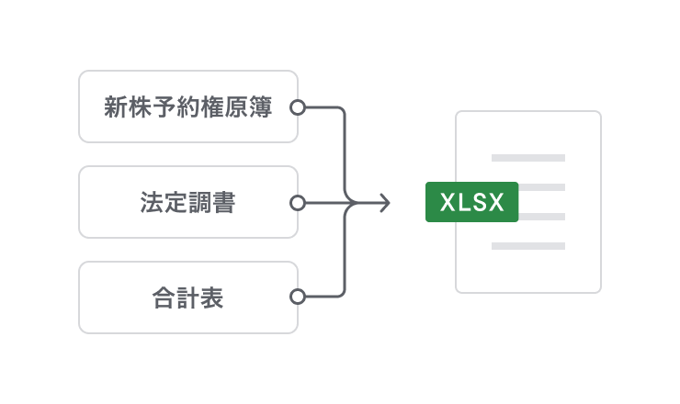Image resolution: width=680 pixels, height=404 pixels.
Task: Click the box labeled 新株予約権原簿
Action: (x=187, y=107)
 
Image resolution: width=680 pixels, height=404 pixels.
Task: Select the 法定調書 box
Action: (x=187, y=202)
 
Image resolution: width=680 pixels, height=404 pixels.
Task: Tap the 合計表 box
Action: (x=187, y=297)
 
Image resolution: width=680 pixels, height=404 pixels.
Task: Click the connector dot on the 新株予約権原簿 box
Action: (x=297, y=107)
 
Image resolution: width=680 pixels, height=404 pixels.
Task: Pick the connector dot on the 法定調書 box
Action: (x=297, y=203)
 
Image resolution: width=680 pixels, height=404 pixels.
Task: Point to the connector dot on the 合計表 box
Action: (x=297, y=297)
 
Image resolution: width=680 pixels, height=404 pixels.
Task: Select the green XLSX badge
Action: (x=472, y=203)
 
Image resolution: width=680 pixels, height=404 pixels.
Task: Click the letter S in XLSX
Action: (x=480, y=203)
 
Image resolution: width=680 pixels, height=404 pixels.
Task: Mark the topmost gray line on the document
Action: (x=527, y=158)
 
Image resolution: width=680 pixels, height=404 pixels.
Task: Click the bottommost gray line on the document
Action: (x=527, y=246)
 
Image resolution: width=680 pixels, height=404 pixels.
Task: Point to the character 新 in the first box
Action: (x=115, y=107)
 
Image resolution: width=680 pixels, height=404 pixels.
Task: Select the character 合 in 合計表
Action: (x=164, y=297)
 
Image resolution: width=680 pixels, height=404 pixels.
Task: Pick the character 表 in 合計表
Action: (x=212, y=297)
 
